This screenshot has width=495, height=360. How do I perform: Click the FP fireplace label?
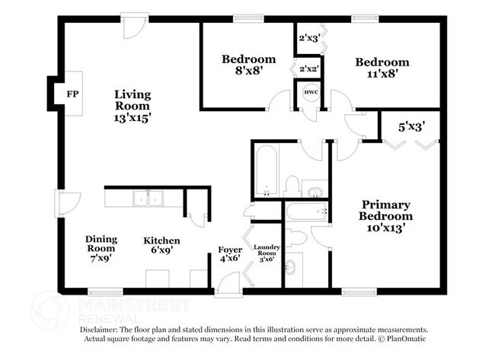[x=73, y=94]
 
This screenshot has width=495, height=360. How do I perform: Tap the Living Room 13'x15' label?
[x=133, y=107]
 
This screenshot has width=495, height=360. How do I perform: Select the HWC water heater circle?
[x=311, y=93]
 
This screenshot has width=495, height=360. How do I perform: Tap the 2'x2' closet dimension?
[x=308, y=69]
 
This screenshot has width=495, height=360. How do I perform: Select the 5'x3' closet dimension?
[x=412, y=127]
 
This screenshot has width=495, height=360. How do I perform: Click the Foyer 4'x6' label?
[x=230, y=253]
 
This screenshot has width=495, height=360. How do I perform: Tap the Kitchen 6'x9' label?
[x=162, y=246]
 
